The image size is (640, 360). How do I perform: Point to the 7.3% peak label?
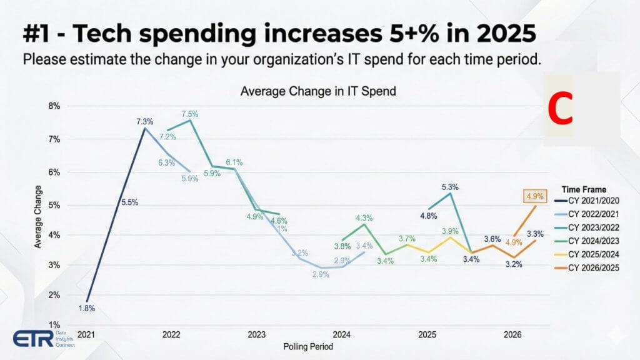pyautogui.click(x=145, y=121)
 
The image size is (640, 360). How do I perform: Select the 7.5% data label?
pyautogui.click(x=190, y=114)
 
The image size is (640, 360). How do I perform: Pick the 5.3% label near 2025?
pyautogui.click(x=450, y=186)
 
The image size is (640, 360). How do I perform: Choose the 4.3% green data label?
pyautogui.click(x=364, y=218)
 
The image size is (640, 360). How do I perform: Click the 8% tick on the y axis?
pyautogui.click(x=55, y=106)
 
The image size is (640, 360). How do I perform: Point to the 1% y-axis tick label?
pyautogui.click(x=55, y=325)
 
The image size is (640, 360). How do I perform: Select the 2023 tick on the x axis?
pyautogui.click(x=256, y=335)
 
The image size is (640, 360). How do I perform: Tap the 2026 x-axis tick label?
pyautogui.click(x=512, y=335)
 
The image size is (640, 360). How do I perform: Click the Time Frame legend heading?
pyautogui.click(x=584, y=189)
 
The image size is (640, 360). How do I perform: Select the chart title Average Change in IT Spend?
pyautogui.click(x=318, y=91)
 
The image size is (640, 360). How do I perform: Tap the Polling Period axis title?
pyautogui.click(x=308, y=346)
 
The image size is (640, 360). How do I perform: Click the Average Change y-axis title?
pyautogui.click(x=38, y=216)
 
